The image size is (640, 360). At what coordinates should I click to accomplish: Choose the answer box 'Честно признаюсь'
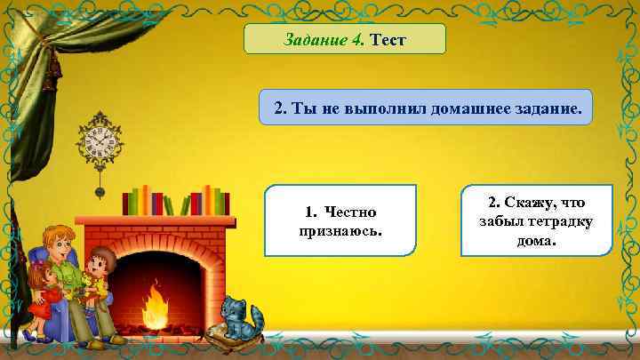pyautogui.click(x=340, y=220)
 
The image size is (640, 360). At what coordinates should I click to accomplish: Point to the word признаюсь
pyautogui.click(x=340, y=230)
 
